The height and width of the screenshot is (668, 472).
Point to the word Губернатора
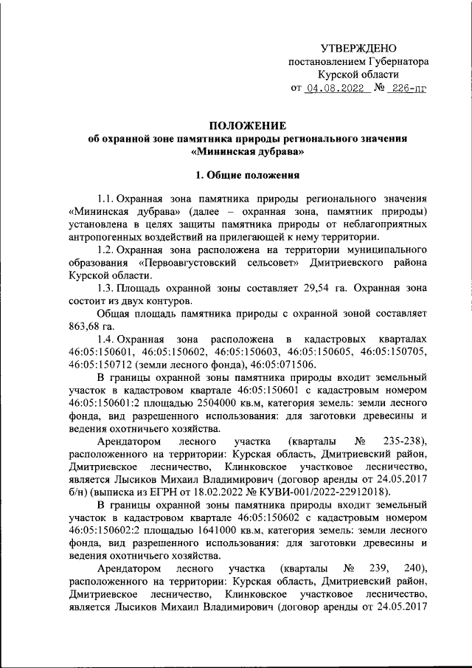(x=397, y=61)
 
